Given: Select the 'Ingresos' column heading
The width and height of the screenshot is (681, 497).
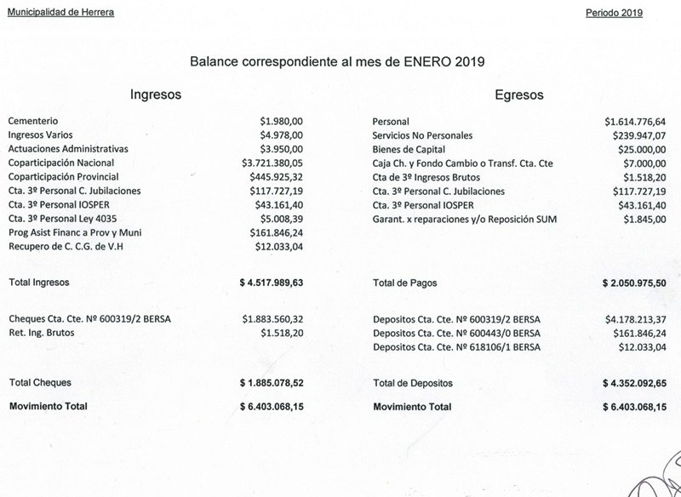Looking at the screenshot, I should pos(155,94).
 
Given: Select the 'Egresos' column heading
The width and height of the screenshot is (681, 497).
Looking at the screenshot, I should pos(518,94).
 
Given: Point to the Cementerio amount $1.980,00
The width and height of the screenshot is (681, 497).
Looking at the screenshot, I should pos(282,122).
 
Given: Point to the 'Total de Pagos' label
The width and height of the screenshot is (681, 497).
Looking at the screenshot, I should pos(404,281).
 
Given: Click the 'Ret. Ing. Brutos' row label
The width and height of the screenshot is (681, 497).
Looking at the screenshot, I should pos(39,333).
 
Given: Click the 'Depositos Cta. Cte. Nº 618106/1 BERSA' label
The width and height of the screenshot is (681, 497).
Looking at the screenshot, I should pos(456,346).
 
